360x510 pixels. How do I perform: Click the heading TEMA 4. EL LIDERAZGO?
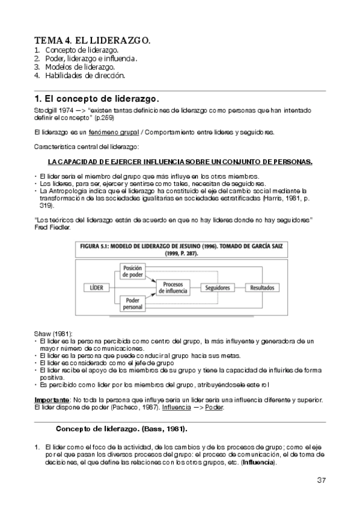92,40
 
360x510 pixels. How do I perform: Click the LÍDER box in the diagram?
97,288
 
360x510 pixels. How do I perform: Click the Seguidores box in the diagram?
218,288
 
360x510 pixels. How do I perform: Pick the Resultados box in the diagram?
263,288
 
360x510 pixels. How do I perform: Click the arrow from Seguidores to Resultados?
240,288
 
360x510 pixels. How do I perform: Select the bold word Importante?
51,400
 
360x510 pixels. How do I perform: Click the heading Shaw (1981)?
52,333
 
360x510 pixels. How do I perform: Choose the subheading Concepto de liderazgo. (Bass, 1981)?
121,429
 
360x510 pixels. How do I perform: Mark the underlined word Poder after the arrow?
215,408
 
